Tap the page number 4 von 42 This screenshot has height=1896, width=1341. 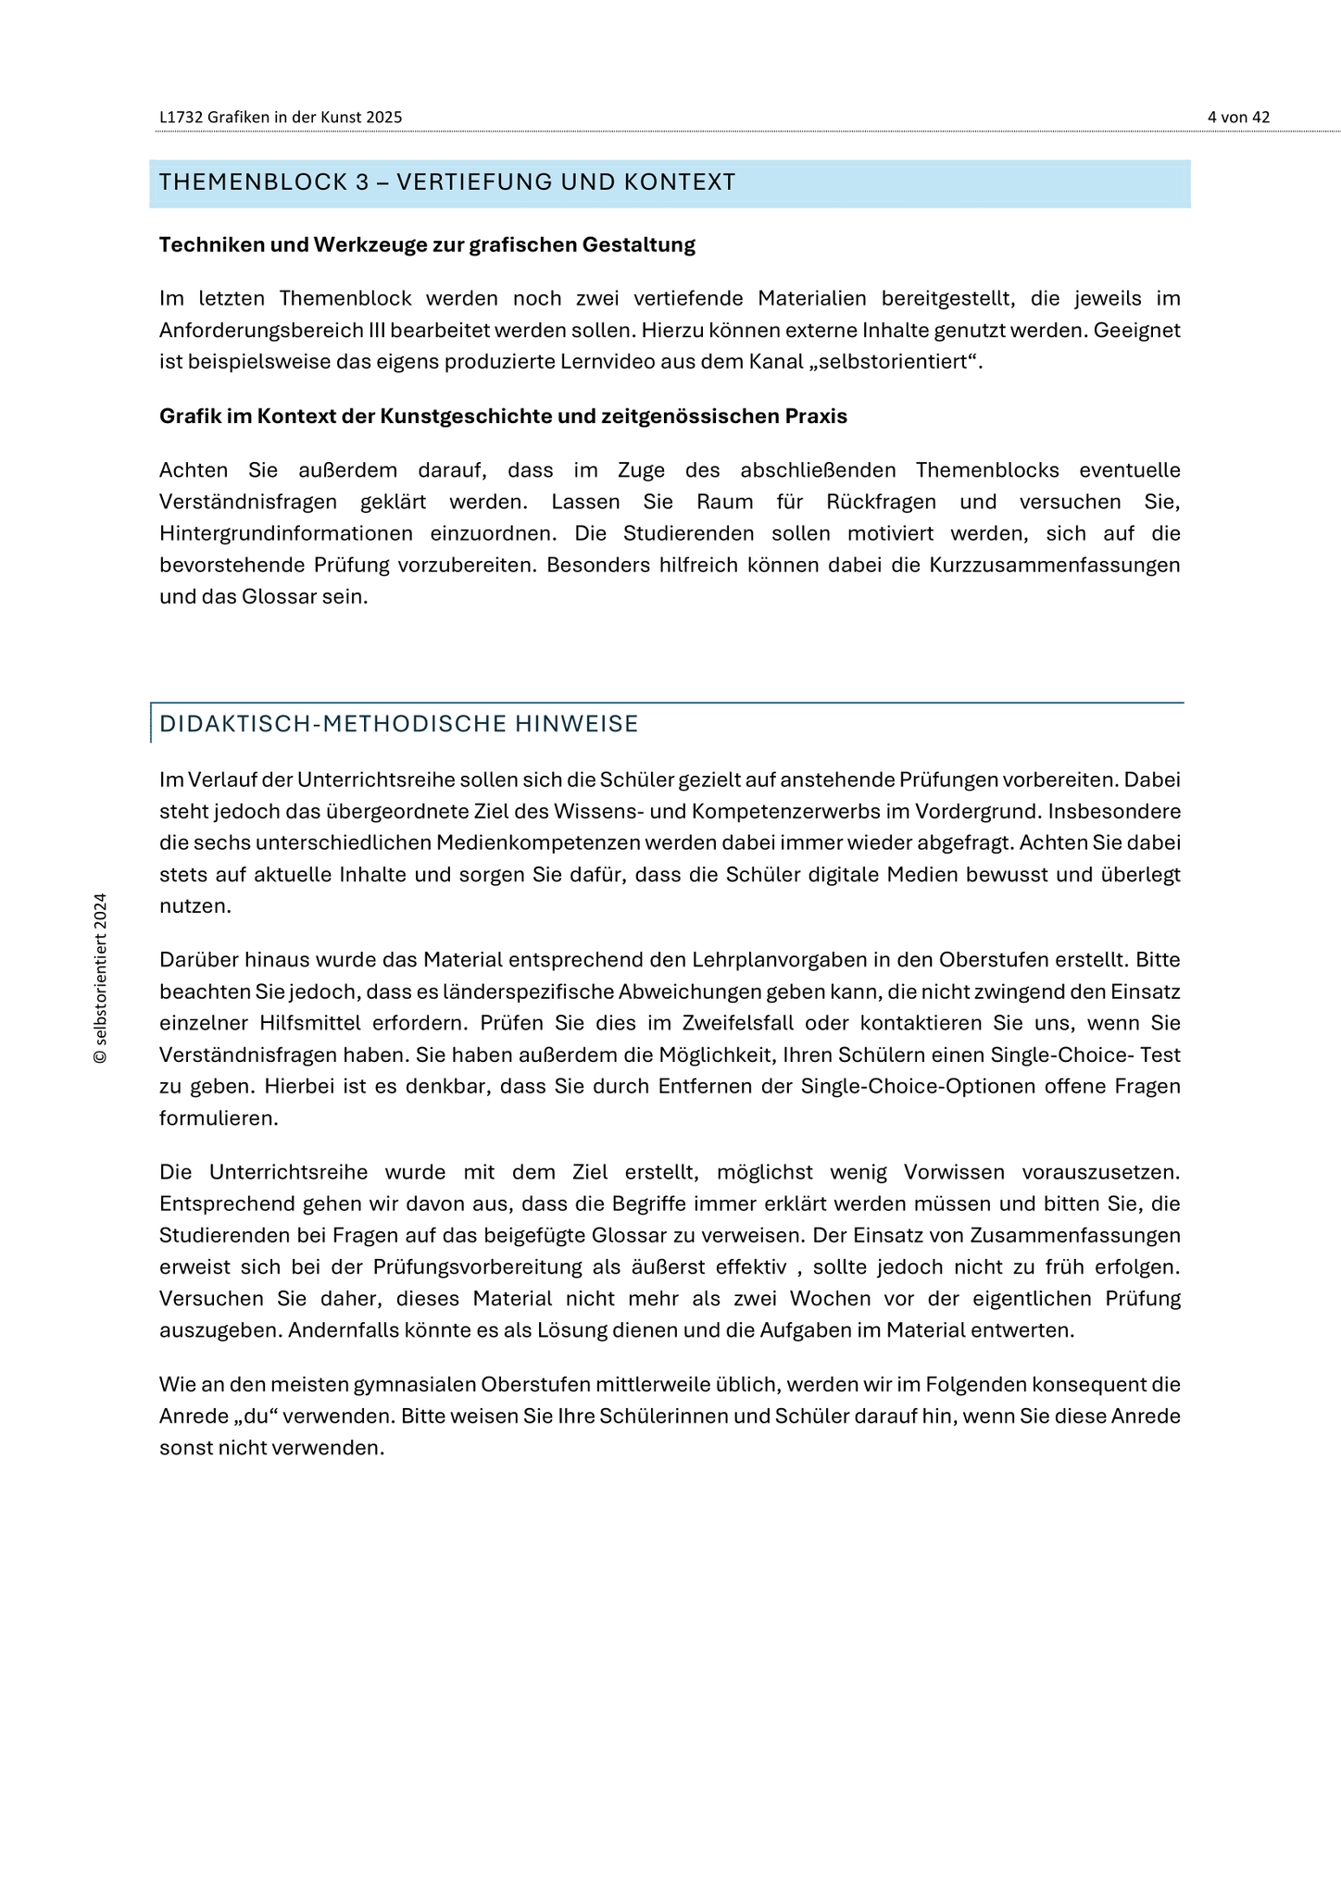(1238, 118)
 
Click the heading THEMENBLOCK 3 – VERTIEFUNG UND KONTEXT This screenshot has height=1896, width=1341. (447, 182)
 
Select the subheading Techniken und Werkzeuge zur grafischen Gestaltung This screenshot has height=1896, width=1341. (427, 245)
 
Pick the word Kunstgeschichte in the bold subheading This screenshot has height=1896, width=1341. (496, 417)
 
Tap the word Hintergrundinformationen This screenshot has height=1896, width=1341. (286, 534)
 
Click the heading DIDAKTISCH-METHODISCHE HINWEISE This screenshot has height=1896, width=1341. (399, 724)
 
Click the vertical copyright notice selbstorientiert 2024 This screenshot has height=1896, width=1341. (101, 979)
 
